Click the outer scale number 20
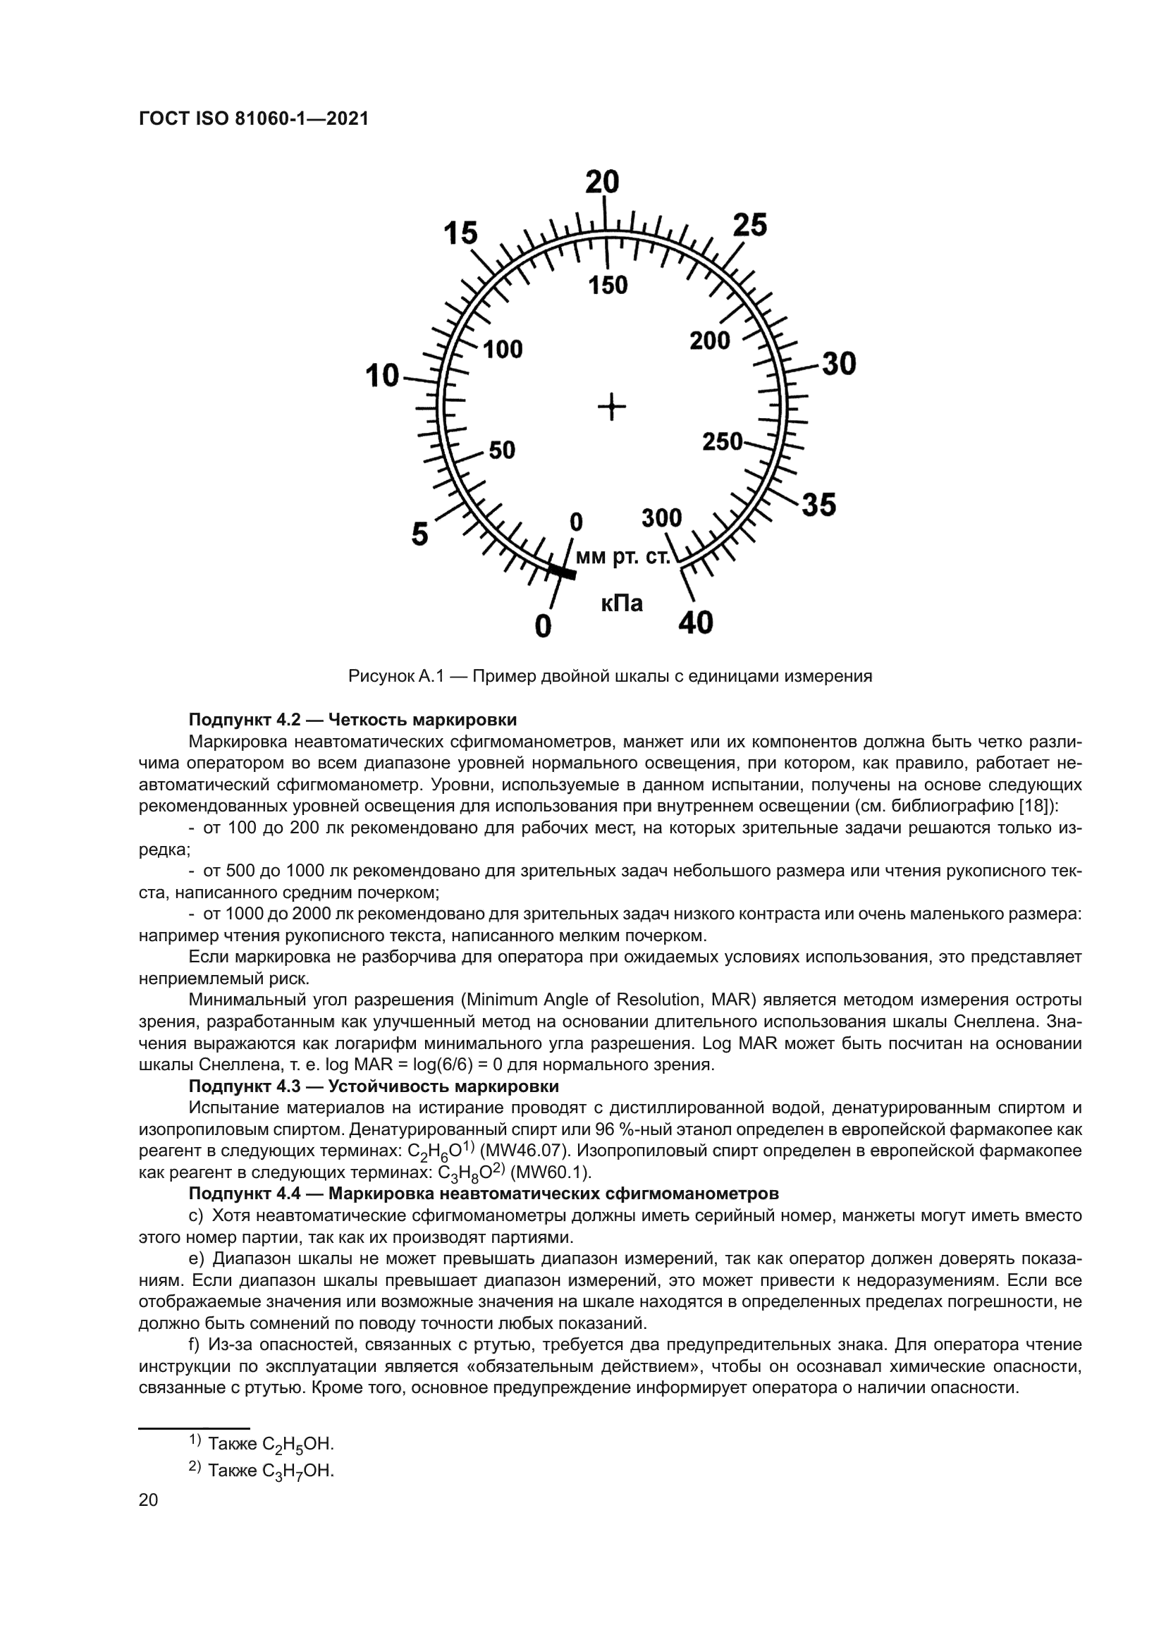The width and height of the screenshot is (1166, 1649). (x=601, y=183)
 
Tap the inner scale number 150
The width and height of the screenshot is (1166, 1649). (x=608, y=286)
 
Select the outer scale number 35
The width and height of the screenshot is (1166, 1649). (x=819, y=505)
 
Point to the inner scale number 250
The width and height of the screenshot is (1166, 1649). (x=722, y=441)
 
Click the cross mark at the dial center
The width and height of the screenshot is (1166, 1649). (x=612, y=408)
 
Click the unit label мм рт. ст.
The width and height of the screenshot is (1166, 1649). (x=622, y=558)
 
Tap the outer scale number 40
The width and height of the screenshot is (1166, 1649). (x=695, y=622)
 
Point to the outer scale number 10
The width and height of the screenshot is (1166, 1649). (x=382, y=376)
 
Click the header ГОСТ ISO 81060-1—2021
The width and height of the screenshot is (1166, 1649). (x=254, y=119)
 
